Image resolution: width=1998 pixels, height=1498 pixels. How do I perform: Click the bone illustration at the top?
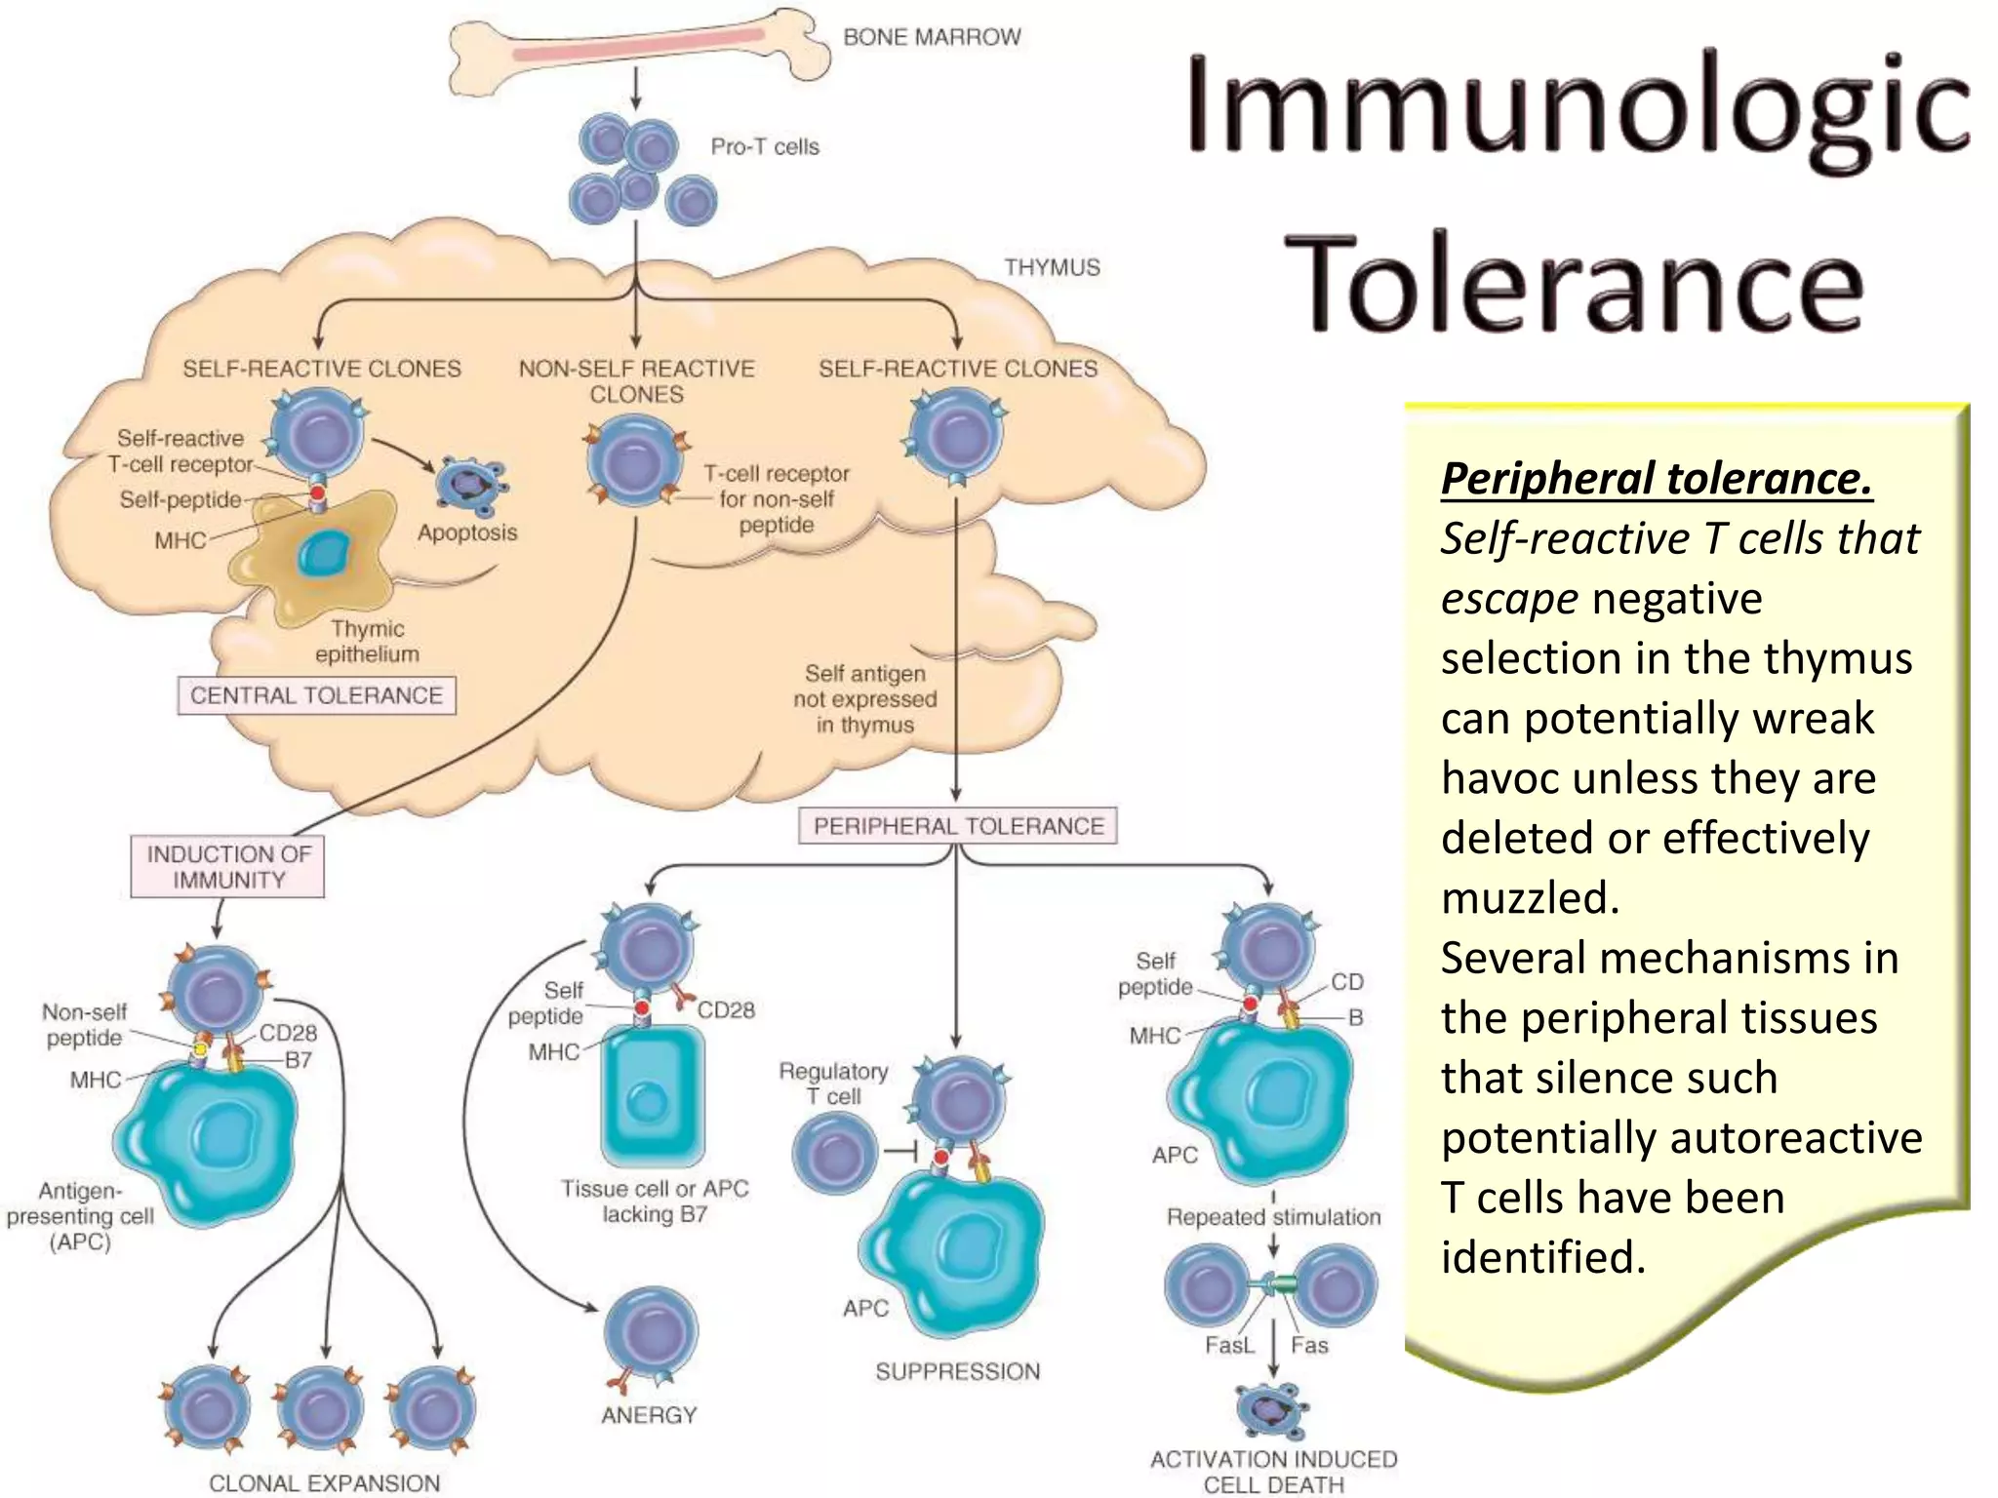click(x=639, y=51)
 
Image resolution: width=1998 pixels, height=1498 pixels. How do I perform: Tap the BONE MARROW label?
click(x=932, y=37)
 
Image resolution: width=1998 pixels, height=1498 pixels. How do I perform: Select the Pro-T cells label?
click(x=765, y=147)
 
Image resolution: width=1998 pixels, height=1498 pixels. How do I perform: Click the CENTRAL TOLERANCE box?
click(x=316, y=695)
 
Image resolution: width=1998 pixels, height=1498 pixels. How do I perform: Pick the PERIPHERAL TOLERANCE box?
click(x=958, y=826)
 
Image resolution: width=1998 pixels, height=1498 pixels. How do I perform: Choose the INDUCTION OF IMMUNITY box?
click(x=228, y=867)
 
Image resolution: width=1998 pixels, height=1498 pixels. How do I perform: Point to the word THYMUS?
click(x=1052, y=267)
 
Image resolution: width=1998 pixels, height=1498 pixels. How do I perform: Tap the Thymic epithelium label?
click(x=367, y=641)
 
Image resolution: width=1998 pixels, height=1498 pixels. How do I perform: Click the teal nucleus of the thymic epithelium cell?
click(x=324, y=553)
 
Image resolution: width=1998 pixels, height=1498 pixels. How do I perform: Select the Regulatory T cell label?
click(x=833, y=1084)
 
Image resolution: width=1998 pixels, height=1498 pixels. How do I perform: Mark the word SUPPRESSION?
click(x=957, y=1371)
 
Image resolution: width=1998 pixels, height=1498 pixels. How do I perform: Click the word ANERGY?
click(x=649, y=1414)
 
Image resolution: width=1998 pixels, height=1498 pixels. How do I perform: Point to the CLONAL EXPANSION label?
click(x=324, y=1482)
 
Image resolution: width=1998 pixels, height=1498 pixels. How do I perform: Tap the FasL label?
click(x=1228, y=1346)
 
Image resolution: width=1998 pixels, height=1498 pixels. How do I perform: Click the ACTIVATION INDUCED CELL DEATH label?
click(x=1273, y=1472)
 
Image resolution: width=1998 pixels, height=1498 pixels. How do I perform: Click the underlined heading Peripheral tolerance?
click(x=1656, y=479)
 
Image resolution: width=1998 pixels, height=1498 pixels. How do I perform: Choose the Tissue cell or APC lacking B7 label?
click(x=655, y=1202)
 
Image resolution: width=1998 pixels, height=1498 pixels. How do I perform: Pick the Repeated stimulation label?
click(x=1273, y=1217)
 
